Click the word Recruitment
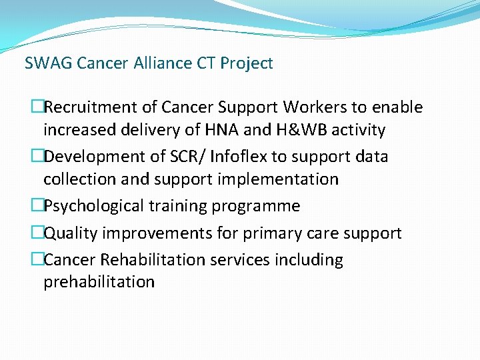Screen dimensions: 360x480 coord(86,107)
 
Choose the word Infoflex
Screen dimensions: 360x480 coord(241,157)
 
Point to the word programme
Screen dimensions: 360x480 coord(256,206)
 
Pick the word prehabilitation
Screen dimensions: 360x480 coord(99,282)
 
